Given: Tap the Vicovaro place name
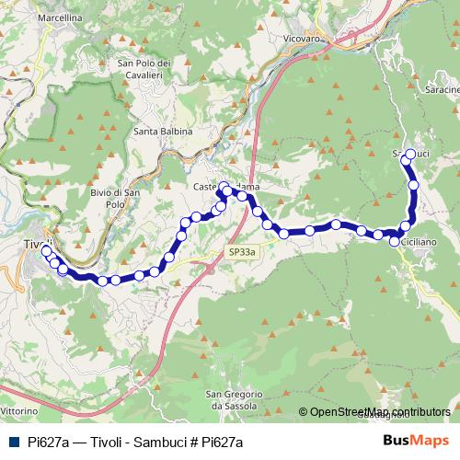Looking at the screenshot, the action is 305,40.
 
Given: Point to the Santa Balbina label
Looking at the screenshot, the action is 163,132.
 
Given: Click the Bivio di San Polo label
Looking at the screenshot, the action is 115,198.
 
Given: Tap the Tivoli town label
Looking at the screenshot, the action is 35,244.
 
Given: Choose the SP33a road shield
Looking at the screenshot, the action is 242,250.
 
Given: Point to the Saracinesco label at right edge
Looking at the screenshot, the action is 443,90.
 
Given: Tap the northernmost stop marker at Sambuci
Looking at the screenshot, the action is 410,154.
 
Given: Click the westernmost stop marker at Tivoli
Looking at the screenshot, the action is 46,249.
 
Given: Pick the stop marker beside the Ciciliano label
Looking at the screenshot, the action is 395,241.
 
